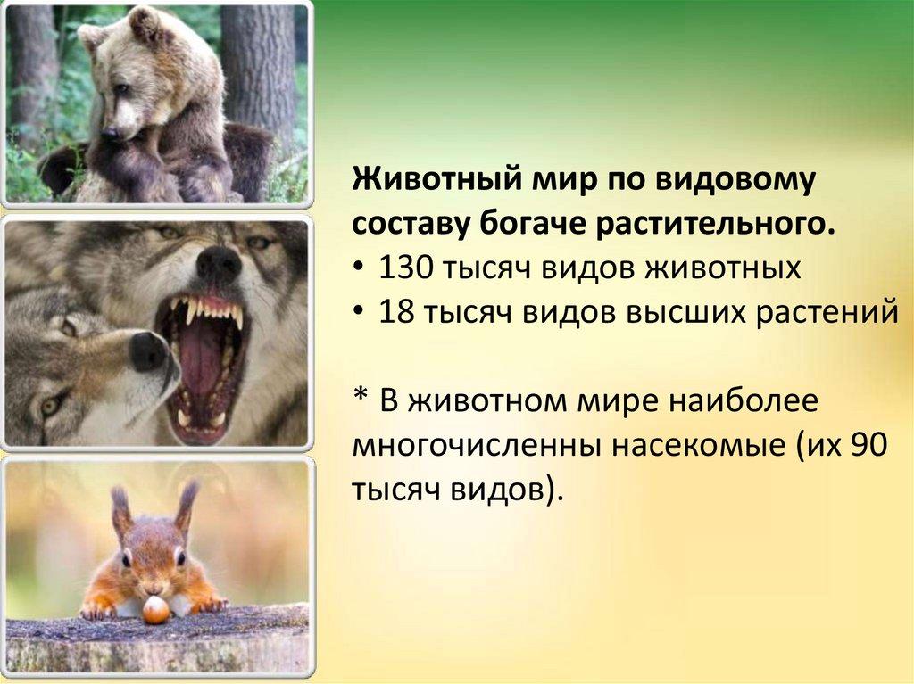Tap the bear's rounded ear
click(x=143, y=21)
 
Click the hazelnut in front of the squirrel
click(x=155, y=610)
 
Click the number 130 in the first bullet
click(x=406, y=268)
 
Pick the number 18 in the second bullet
click(x=396, y=312)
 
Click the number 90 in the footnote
click(x=868, y=444)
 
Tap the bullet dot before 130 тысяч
click(x=359, y=269)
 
